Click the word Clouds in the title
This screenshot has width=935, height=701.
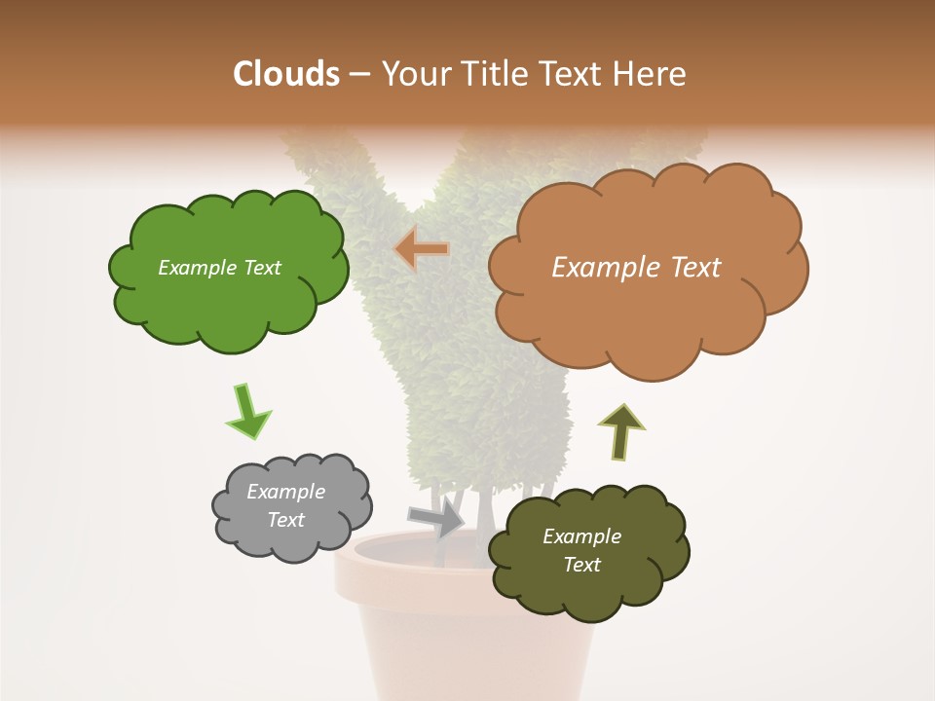pyautogui.click(x=285, y=74)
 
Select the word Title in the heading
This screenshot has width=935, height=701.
pyautogui.click(x=494, y=74)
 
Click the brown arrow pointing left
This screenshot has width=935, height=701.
pyautogui.click(x=423, y=249)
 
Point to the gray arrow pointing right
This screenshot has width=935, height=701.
pyautogui.click(x=436, y=518)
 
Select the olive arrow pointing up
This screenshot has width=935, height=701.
pyautogui.click(x=620, y=431)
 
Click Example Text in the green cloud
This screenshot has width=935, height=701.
pyautogui.click(x=219, y=268)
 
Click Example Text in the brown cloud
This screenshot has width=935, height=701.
pyautogui.click(x=636, y=268)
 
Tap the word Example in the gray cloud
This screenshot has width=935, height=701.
pyautogui.click(x=285, y=492)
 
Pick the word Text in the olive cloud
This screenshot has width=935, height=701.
pyautogui.click(x=581, y=565)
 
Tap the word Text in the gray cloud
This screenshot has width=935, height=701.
pyautogui.click(x=285, y=520)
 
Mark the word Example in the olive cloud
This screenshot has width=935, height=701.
pyautogui.click(x=581, y=536)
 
